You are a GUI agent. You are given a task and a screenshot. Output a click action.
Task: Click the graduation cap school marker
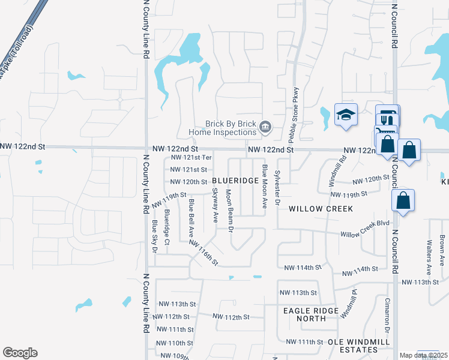coord(346,115)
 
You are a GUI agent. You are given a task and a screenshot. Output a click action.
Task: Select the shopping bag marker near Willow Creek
coord(403,201)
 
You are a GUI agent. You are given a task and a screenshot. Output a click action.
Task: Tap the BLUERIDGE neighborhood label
coord(235,181)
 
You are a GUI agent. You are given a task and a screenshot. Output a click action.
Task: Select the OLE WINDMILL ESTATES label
coord(358,346)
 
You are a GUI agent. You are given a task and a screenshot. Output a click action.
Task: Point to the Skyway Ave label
coord(215,206)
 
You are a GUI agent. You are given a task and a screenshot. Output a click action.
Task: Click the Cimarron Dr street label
coord(387,314)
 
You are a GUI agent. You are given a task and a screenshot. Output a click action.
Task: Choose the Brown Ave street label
coord(442,250)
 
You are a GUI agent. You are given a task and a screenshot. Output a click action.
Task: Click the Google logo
coord(20,353)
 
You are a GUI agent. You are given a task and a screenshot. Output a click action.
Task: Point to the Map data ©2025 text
coord(423,355)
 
